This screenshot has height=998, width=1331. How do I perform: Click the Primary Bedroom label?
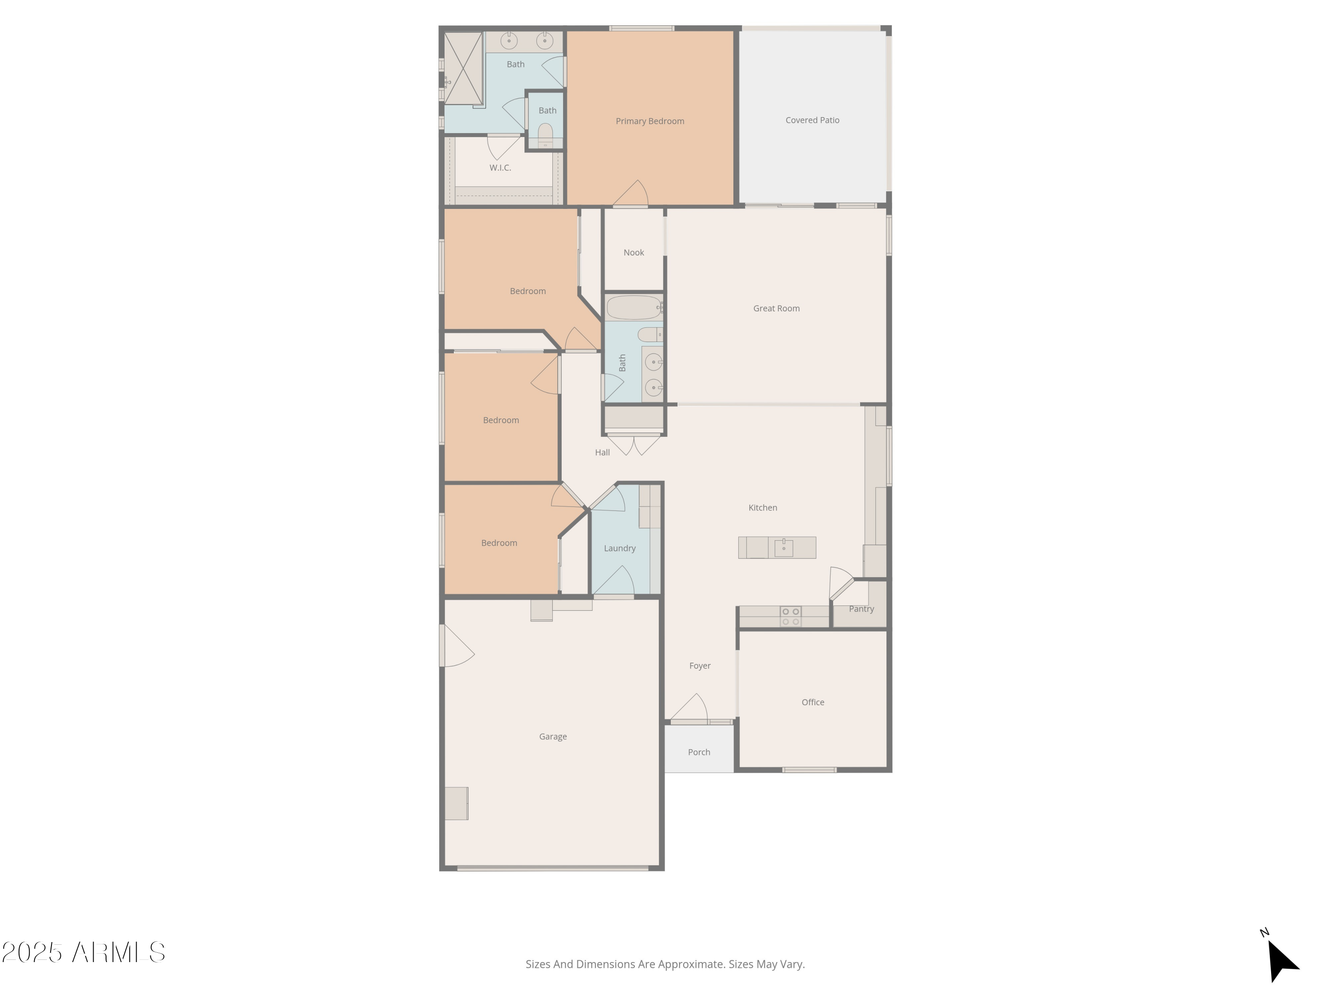[x=650, y=121]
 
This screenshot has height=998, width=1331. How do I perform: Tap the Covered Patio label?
[x=812, y=120]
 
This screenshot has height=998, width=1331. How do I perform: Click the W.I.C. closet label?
[x=500, y=168]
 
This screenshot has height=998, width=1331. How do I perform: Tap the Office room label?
[x=813, y=702]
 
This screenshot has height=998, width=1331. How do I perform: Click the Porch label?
[x=699, y=752]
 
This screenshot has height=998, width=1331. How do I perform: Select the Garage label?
[x=553, y=736]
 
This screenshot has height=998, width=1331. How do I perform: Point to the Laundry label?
[x=620, y=548]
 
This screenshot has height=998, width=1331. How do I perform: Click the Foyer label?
[x=700, y=665]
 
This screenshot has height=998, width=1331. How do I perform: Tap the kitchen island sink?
[x=784, y=547]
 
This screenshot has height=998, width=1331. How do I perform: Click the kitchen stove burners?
[x=791, y=617]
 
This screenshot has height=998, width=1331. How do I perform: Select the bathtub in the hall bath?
[x=634, y=308]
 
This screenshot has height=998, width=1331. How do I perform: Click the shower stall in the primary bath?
[x=463, y=68]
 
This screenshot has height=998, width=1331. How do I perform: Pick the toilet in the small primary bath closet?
[x=545, y=135]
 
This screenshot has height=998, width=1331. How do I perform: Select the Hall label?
[x=602, y=452]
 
